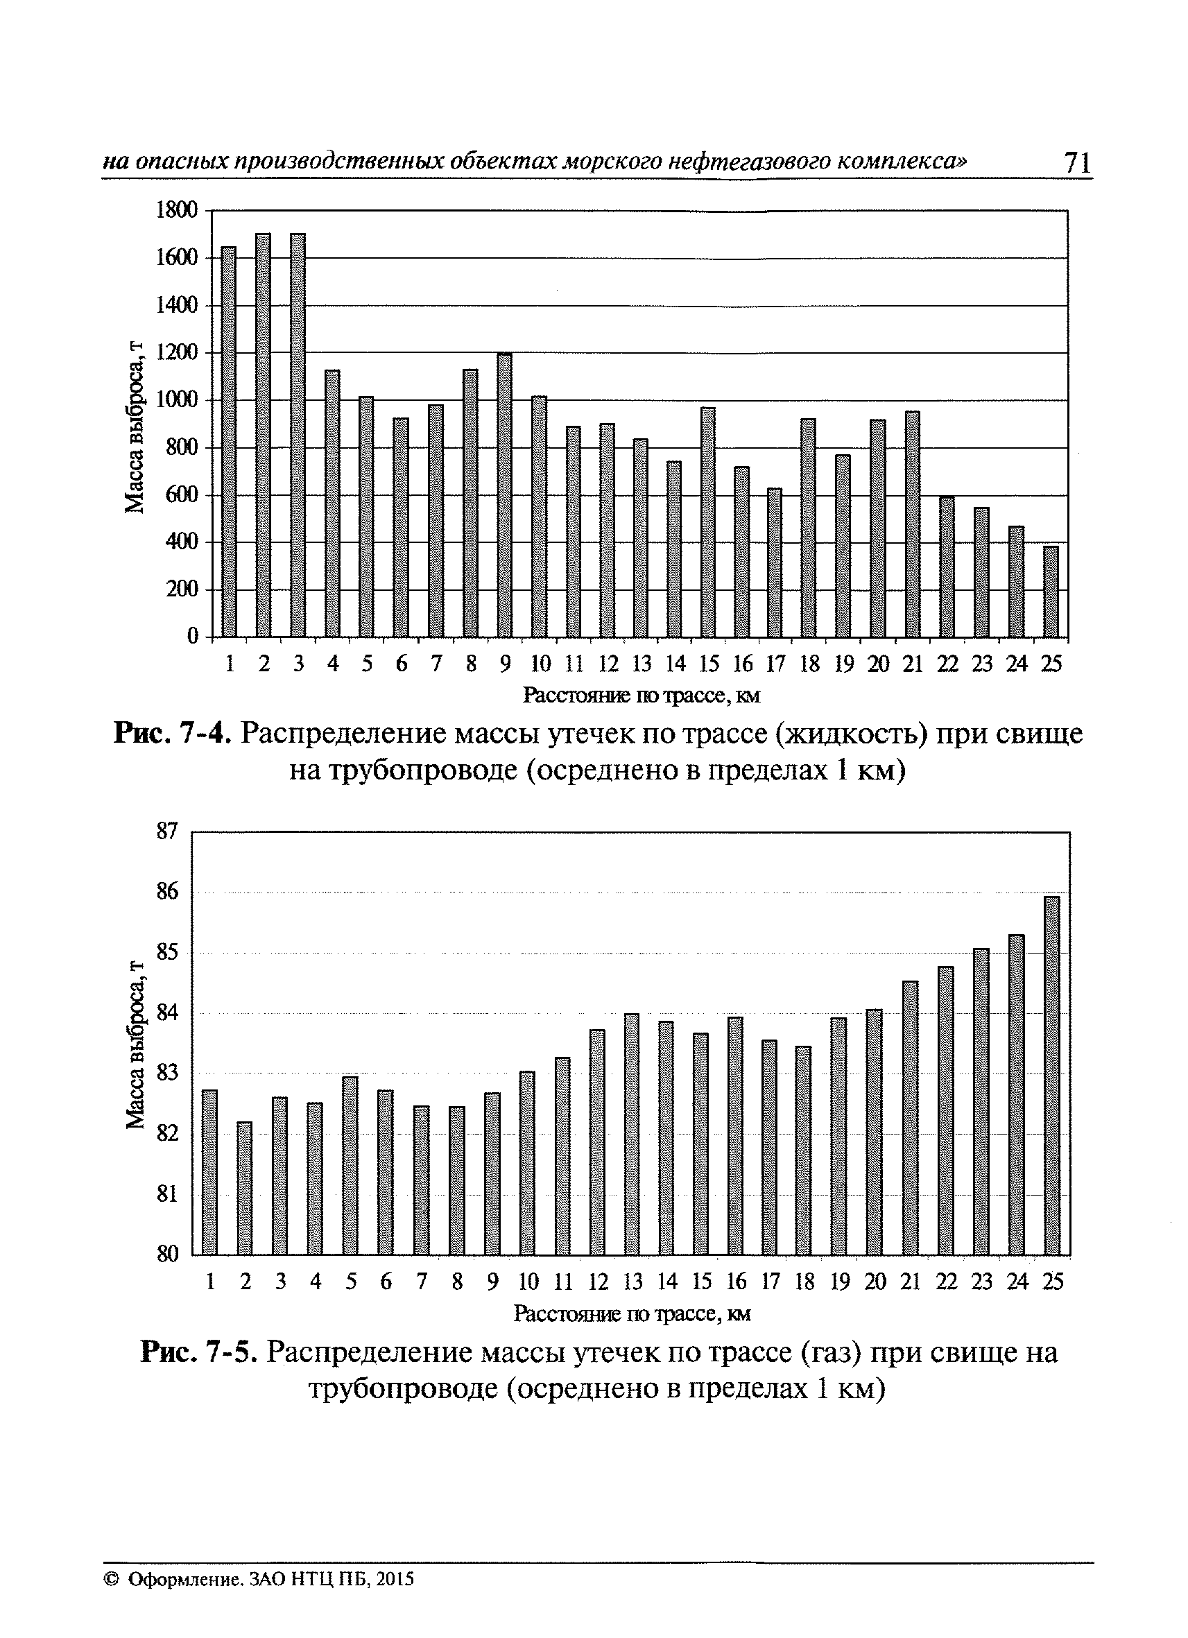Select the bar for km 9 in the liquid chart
coord(505,495)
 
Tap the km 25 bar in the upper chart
coord(1051,592)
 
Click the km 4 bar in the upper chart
coord(332,503)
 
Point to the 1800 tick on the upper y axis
coord(176,210)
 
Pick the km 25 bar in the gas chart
coord(1052,1076)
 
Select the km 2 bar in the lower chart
coord(245,1188)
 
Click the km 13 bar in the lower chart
coord(632,1134)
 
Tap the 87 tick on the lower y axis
coord(167,831)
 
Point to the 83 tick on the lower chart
coord(167,1074)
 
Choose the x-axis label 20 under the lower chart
coord(875,1282)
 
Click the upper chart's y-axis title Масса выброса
coord(135,426)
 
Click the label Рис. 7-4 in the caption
coord(173,734)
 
